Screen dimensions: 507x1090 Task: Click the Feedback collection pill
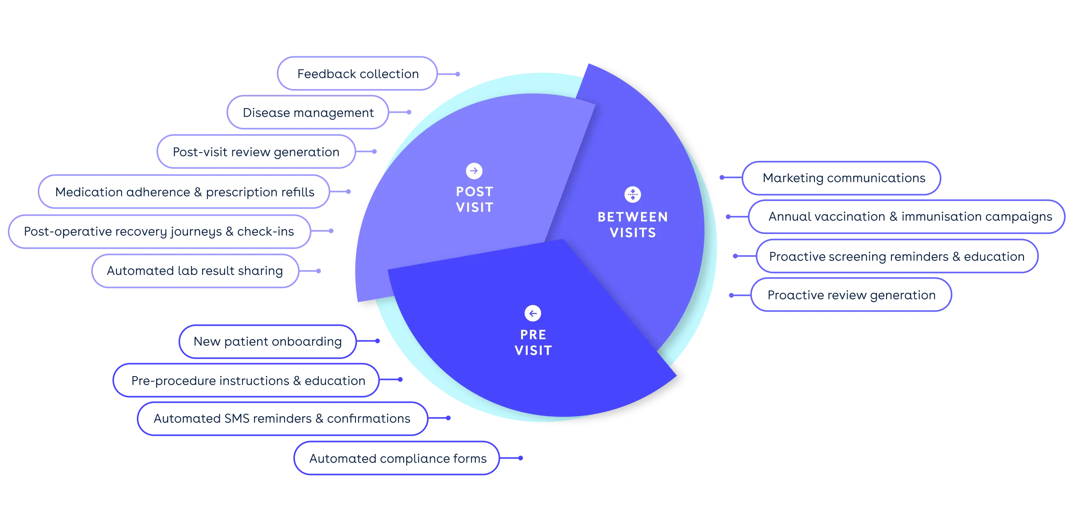[x=357, y=73]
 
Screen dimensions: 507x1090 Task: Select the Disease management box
[x=308, y=112]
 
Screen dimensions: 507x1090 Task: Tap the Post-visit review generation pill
[x=256, y=151]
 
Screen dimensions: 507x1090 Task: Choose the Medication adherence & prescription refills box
[x=184, y=191]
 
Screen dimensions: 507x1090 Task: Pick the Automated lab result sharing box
[x=195, y=271]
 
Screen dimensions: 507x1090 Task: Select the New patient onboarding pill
[x=267, y=341]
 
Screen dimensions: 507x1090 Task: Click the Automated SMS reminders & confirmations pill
[x=282, y=418]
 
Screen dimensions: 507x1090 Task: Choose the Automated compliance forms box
[x=396, y=458]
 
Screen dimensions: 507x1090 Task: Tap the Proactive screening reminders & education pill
[x=897, y=256]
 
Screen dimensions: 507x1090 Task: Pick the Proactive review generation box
[x=851, y=295]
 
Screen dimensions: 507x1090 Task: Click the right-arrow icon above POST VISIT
[x=474, y=171]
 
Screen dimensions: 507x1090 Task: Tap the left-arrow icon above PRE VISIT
[x=533, y=313]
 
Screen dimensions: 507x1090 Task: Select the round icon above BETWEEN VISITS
[x=633, y=195]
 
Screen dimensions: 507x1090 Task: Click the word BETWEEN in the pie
[x=633, y=217]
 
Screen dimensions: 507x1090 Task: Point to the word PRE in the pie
[x=533, y=334]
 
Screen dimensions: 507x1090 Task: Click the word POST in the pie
[x=474, y=191]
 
